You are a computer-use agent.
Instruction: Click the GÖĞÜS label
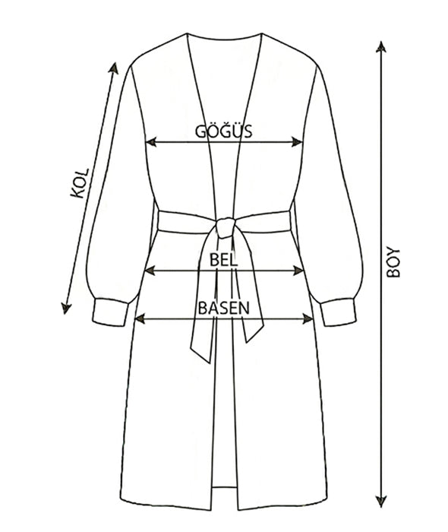pyautogui.click(x=224, y=131)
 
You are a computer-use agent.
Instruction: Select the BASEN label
pyautogui.click(x=224, y=308)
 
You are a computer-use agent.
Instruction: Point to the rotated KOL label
pyautogui.click(x=79, y=183)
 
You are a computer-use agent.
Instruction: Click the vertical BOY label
pyautogui.click(x=393, y=262)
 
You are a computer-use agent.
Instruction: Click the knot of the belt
pyautogui.click(x=226, y=227)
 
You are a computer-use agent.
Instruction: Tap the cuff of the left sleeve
pyautogui.click(x=110, y=312)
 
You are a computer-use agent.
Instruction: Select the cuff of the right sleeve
pyautogui.click(x=338, y=312)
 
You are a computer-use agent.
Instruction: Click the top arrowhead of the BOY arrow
pyautogui.click(x=381, y=47)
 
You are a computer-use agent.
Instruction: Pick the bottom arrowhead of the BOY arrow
pyautogui.click(x=381, y=501)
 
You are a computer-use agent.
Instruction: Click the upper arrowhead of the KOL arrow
pyautogui.click(x=114, y=68)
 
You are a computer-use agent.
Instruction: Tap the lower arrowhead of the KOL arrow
pyautogui.click(x=66, y=308)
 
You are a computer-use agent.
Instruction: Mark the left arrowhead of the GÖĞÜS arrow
pyautogui.click(x=151, y=142)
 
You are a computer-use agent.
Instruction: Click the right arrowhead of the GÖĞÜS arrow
pyautogui.click(x=297, y=142)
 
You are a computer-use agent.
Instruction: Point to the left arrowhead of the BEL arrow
pyautogui.click(x=150, y=271)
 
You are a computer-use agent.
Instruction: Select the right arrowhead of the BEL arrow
pyautogui.click(x=298, y=271)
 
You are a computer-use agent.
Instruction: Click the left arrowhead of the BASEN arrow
pyautogui.click(x=140, y=318)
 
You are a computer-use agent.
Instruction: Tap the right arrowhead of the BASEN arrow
pyautogui.click(x=308, y=318)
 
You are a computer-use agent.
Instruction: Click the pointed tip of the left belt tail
pyautogui.click(x=210, y=363)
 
